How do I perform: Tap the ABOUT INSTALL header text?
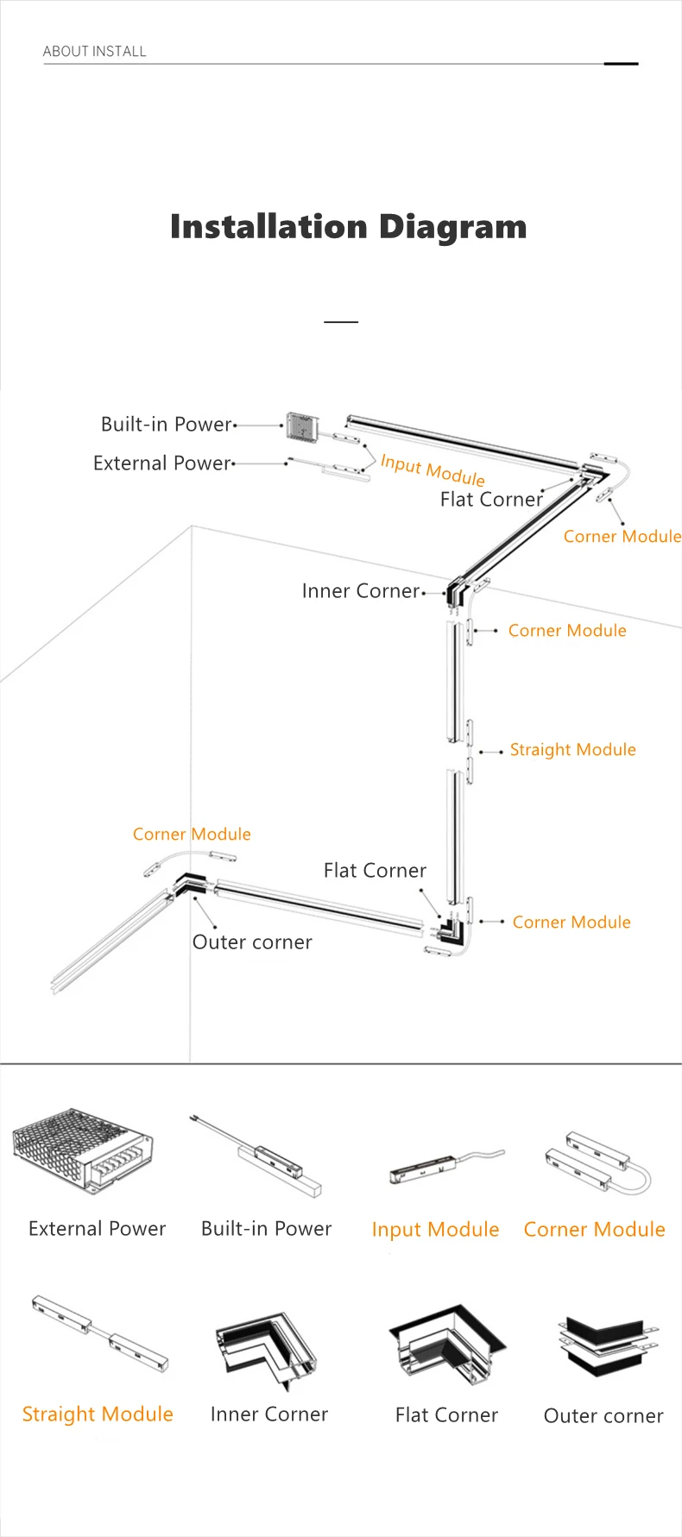click(x=95, y=52)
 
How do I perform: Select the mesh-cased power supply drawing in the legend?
click(x=83, y=1150)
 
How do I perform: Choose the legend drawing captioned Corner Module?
click(x=597, y=1162)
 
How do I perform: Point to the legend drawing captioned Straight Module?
click(x=99, y=1333)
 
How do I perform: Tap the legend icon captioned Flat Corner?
click(x=446, y=1346)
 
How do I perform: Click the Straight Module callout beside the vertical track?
click(x=573, y=750)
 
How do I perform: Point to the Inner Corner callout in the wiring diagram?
click(x=361, y=591)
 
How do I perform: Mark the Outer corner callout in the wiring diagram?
click(x=252, y=942)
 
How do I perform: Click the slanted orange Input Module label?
click(x=433, y=470)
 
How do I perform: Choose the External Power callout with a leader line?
click(x=162, y=463)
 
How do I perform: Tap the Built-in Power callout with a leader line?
click(x=167, y=425)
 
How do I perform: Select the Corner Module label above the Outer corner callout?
click(x=192, y=835)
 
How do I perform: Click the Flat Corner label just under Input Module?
click(x=491, y=500)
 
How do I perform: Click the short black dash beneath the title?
click(x=341, y=321)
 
